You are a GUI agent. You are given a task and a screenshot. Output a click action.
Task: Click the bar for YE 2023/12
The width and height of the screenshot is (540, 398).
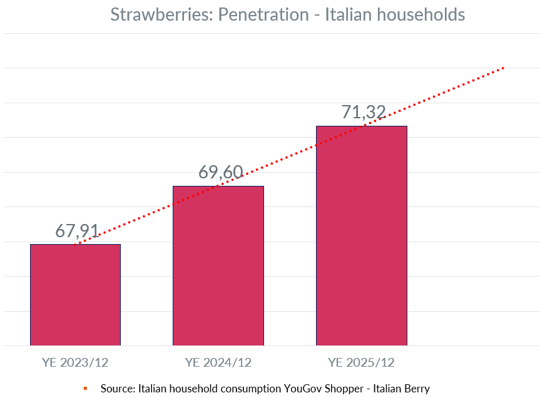[75, 294]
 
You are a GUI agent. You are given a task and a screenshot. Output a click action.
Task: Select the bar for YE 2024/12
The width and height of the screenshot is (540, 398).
[218, 265]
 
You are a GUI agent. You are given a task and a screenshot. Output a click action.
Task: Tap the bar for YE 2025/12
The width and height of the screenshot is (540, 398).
[361, 235]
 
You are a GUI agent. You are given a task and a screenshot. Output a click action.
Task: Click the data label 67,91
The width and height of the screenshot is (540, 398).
[77, 230]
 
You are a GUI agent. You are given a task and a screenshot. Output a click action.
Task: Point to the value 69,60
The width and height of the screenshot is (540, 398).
[220, 172]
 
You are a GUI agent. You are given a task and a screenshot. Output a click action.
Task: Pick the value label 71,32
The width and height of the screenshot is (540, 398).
[364, 112]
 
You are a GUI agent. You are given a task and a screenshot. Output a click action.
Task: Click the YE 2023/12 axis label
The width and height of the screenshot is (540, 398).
[75, 362]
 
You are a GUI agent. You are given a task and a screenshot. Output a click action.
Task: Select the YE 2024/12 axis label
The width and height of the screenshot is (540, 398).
[218, 362]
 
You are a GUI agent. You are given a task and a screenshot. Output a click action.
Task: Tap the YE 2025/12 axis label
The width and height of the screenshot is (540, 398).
[361, 362]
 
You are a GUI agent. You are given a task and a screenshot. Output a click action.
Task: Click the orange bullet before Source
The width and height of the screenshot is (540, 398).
[85, 389]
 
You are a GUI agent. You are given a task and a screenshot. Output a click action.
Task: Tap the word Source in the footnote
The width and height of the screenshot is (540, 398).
[117, 389]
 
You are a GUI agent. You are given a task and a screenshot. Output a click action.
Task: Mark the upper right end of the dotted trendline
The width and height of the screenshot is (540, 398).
[503, 68]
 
